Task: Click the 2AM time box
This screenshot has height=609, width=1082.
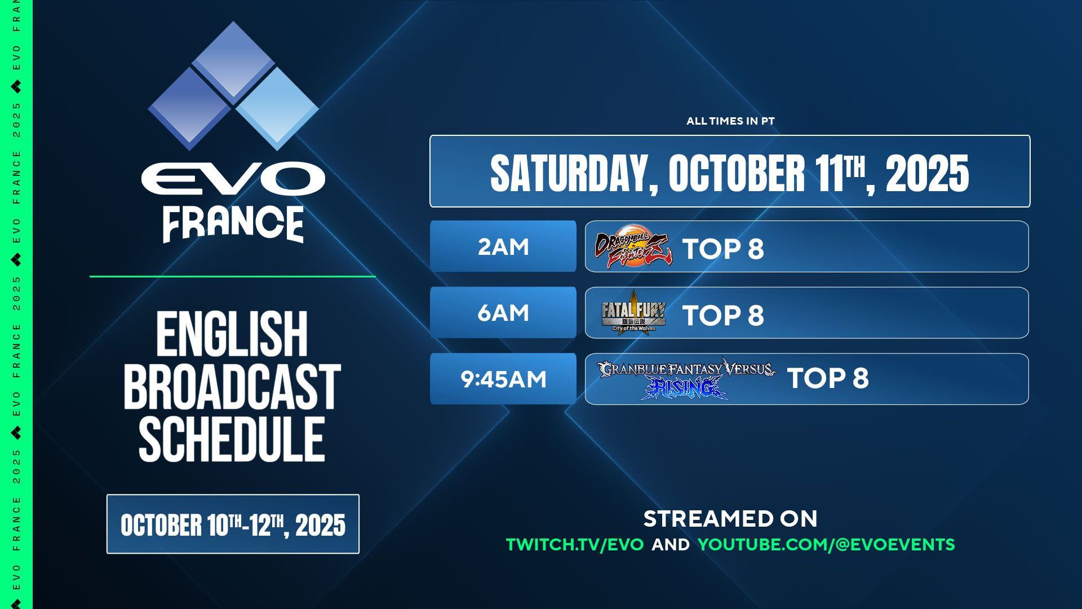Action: [503, 246]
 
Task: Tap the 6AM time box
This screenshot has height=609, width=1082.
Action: [503, 312]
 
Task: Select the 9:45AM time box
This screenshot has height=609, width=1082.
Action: [503, 379]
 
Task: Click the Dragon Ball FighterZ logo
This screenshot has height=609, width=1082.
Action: [633, 246]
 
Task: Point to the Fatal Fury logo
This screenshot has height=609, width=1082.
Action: [633, 312]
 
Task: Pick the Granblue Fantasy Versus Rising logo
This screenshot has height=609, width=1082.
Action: [686, 379]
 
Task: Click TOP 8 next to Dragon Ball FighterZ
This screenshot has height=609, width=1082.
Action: [723, 249]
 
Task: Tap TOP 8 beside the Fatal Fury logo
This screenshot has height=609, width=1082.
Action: [723, 315]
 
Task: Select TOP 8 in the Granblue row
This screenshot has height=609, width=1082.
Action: [828, 378]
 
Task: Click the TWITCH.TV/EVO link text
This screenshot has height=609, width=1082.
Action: [575, 545]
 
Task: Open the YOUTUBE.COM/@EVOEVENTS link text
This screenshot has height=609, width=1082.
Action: [826, 545]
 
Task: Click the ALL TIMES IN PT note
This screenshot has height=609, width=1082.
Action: [730, 121]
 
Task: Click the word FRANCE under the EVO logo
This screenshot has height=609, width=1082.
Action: [233, 224]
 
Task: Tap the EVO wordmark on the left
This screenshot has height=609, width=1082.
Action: [233, 179]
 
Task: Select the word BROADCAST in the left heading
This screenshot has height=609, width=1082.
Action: [232, 386]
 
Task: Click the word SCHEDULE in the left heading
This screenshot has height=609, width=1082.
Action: [232, 439]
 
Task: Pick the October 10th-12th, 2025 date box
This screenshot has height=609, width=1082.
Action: [233, 524]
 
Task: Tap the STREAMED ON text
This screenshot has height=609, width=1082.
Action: [730, 519]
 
